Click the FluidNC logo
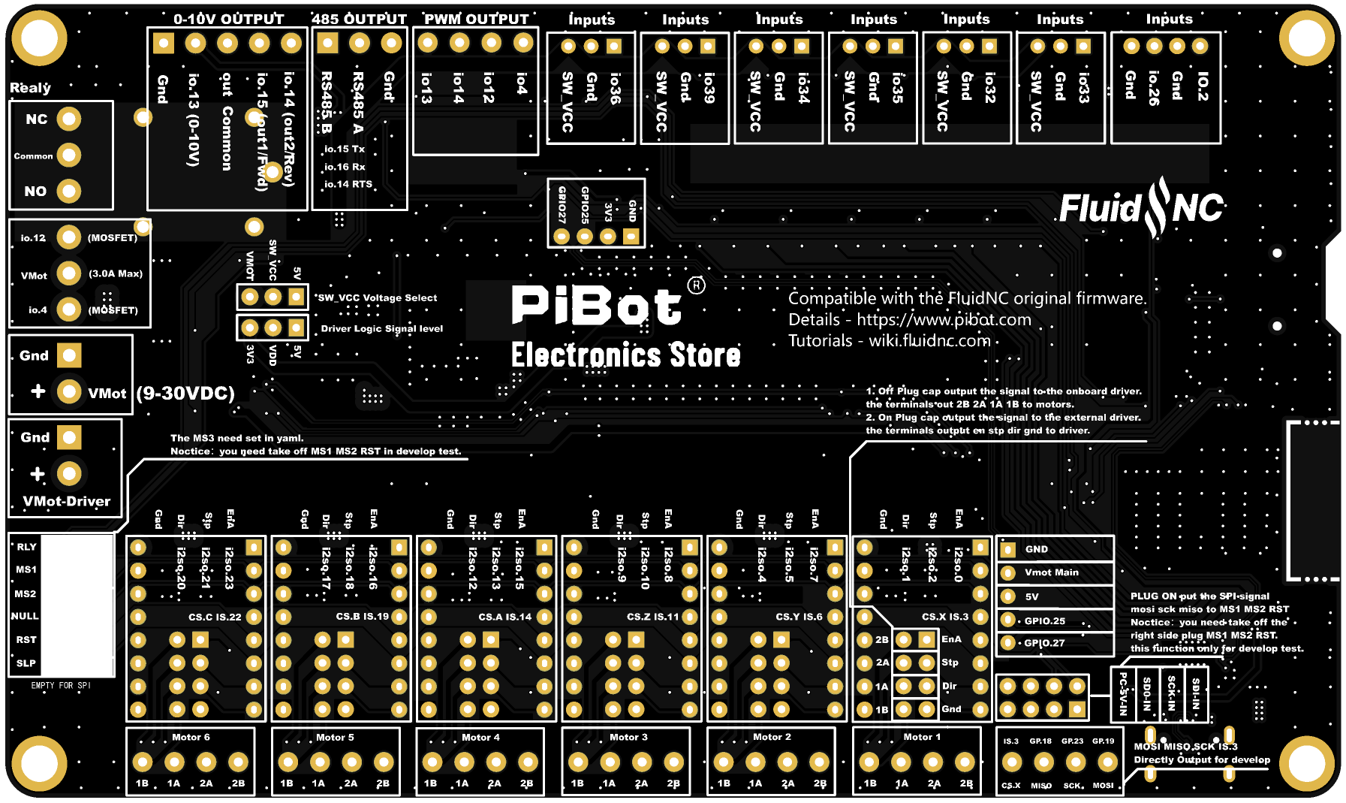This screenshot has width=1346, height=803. point(1141,207)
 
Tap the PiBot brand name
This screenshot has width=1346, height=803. point(598,306)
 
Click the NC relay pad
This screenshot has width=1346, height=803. point(69,119)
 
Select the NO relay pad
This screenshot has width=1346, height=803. point(69,191)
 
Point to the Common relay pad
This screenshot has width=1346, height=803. point(69,155)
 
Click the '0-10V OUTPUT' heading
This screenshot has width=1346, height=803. point(228,19)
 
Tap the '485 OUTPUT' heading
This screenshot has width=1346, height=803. point(359,19)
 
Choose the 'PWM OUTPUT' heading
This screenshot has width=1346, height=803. point(476,19)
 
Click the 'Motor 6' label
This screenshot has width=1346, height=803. point(191,737)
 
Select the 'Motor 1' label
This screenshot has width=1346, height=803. point(922,737)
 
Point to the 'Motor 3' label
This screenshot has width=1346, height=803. point(628,737)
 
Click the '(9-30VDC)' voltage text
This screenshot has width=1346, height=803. point(185,393)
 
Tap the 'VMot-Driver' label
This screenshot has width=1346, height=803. point(66,501)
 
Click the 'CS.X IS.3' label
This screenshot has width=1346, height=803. point(945,617)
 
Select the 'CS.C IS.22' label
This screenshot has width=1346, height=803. point(215,617)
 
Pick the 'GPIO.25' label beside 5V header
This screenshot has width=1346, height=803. point(1044,620)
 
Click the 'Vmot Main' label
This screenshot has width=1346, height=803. point(1051,572)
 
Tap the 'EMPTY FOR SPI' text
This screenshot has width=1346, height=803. point(61,685)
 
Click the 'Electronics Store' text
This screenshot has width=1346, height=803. point(625,355)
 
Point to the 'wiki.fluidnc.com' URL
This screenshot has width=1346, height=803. point(929,340)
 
